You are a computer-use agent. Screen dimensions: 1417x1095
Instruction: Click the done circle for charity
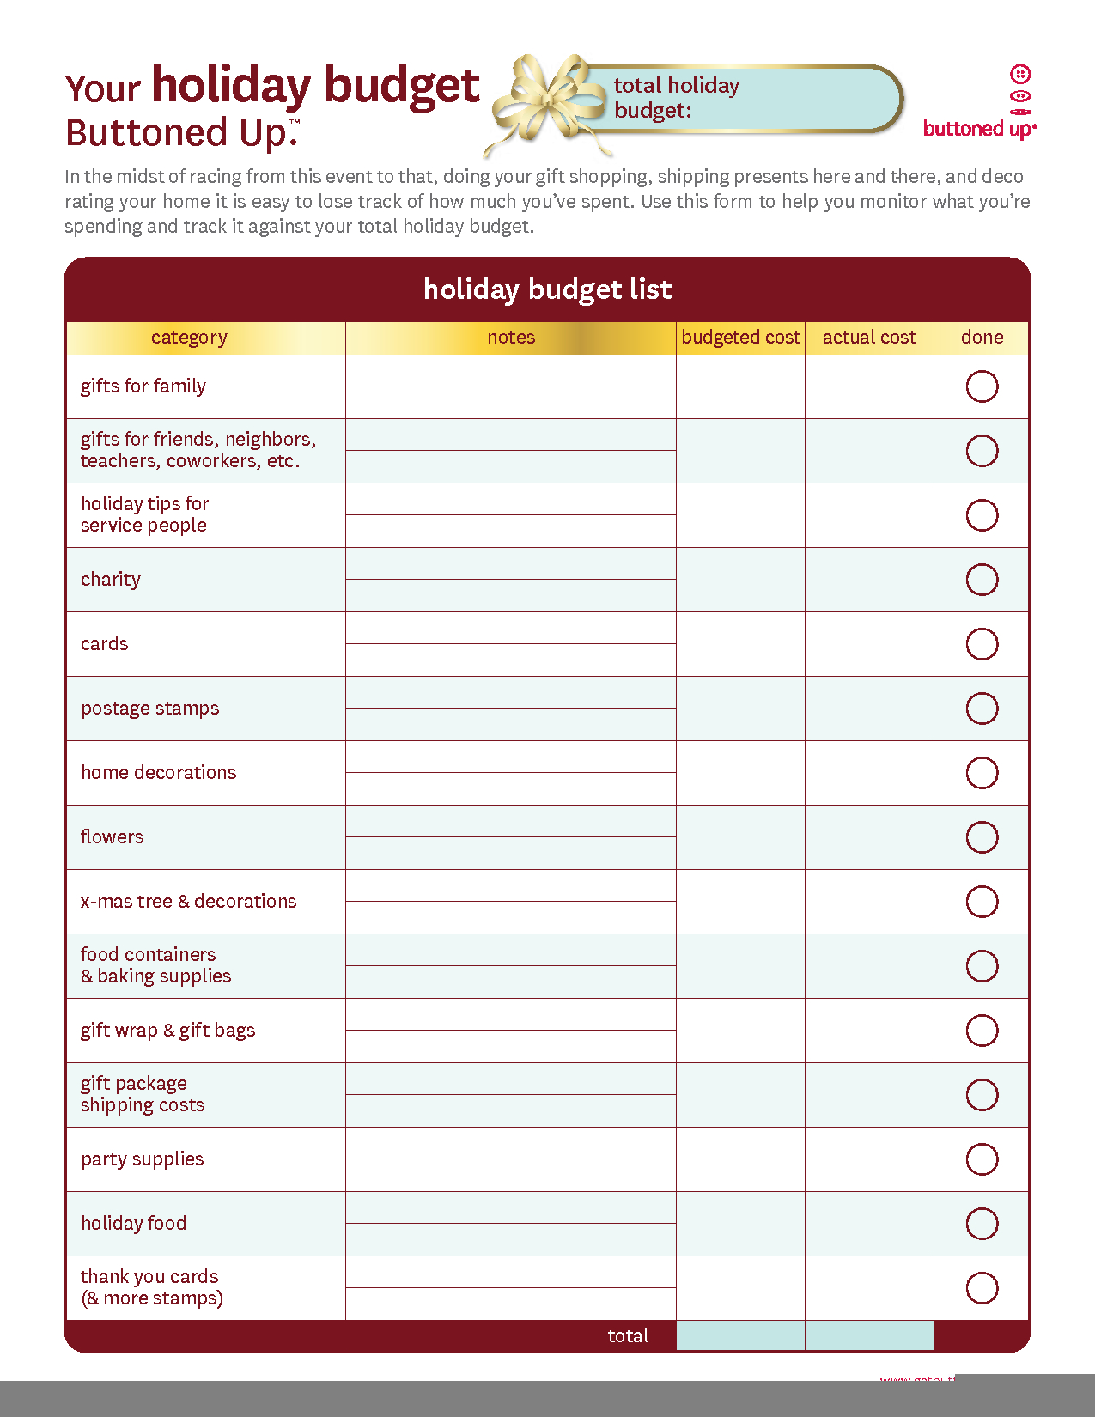(982, 580)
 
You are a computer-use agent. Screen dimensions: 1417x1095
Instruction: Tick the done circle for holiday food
(982, 1224)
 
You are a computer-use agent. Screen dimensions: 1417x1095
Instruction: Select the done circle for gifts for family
(982, 386)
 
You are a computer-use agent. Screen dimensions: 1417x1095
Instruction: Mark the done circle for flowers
(982, 837)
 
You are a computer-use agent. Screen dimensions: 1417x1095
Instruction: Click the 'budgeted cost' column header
(740, 338)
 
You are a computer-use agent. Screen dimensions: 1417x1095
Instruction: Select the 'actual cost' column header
(869, 338)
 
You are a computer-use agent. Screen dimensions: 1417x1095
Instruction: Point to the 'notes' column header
(511, 338)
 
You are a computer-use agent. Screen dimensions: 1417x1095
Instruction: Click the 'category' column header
(189, 338)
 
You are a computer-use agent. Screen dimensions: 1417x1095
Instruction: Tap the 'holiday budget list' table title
(548, 289)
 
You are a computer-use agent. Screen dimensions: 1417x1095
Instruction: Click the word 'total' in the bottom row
(628, 1335)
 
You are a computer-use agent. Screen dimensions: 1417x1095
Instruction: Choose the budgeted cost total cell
(740, 1335)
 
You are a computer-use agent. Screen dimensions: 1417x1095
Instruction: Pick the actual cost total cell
(869, 1335)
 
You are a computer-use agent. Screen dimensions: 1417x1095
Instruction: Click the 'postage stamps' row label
(150, 708)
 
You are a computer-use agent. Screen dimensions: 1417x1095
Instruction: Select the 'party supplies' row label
(143, 1159)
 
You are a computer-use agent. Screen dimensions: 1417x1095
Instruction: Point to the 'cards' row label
(105, 644)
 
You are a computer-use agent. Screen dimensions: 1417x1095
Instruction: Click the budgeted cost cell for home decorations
(740, 773)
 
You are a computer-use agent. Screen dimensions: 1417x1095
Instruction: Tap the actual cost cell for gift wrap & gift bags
(869, 1031)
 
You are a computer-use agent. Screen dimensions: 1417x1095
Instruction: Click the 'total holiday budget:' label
(676, 98)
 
